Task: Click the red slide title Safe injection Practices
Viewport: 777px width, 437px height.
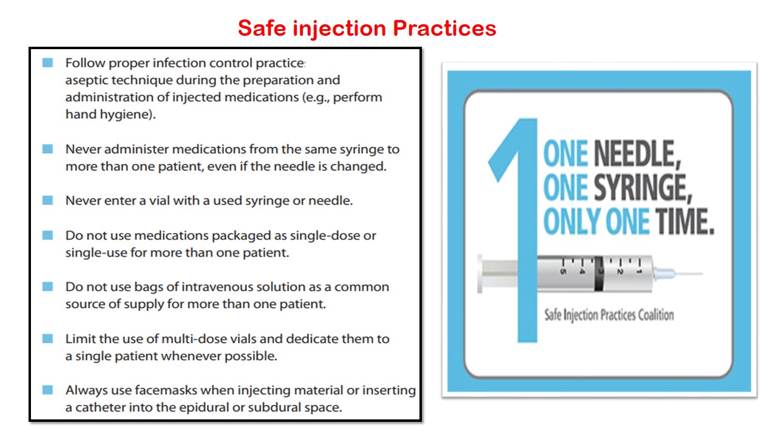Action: pyautogui.click(x=367, y=28)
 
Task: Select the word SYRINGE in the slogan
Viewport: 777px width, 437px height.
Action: pyautogui.click(x=643, y=189)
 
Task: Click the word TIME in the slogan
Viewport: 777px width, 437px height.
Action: pyautogui.click(x=682, y=223)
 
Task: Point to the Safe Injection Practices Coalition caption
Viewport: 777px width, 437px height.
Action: pyautogui.click(x=609, y=315)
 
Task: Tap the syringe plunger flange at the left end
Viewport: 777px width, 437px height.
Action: pyautogui.click(x=481, y=274)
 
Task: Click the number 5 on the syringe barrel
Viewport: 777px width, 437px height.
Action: pyautogui.click(x=563, y=271)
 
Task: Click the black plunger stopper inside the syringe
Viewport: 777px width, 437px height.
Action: pyautogui.click(x=600, y=274)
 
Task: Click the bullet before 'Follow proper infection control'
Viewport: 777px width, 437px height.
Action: pyautogui.click(x=48, y=63)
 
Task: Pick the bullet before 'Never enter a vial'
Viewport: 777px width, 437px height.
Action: pyautogui.click(x=48, y=200)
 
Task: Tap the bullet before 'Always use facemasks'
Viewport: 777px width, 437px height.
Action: pyautogui.click(x=48, y=390)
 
